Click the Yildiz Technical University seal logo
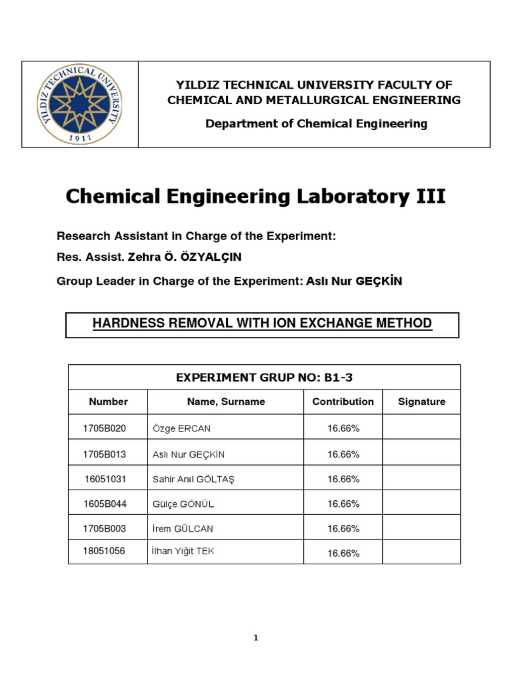pos(80,104)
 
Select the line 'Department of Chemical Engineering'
pos(316,123)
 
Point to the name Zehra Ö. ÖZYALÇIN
pos(168,258)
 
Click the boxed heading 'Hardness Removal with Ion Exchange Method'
pos(262,323)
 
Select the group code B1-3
pos(339,378)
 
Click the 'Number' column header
pos(108,402)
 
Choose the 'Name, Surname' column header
pos(226,402)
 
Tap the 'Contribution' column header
pos(343,402)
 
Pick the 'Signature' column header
pos(421,402)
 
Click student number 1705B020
pos(104,428)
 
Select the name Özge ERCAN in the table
pos(181,428)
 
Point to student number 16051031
pos(105,479)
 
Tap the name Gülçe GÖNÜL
pos(183,504)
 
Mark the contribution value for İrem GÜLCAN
pos(343,528)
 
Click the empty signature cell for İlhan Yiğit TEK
pos(421,552)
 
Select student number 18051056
pos(104,551)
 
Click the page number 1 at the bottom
pos(256,638)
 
